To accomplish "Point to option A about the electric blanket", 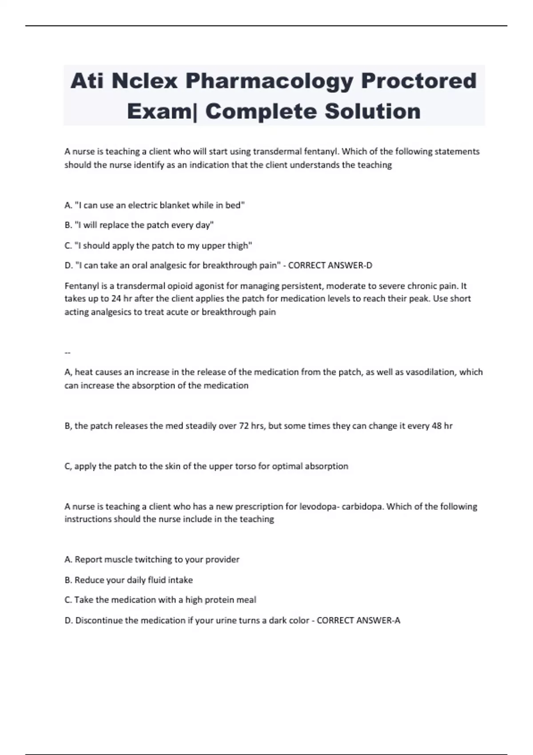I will (155, 205).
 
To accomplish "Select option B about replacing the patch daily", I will (139, 225).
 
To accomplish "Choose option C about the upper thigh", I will (158, 246).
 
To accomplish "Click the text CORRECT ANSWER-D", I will (330, 266).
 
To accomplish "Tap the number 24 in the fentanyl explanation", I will (116, 298).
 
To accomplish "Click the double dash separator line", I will (68, 353).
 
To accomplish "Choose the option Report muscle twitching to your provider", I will (152, 560).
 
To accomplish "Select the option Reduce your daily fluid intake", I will (129, 580).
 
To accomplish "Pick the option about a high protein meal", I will (160, 600).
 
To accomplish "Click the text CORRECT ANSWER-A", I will (358, 620).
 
